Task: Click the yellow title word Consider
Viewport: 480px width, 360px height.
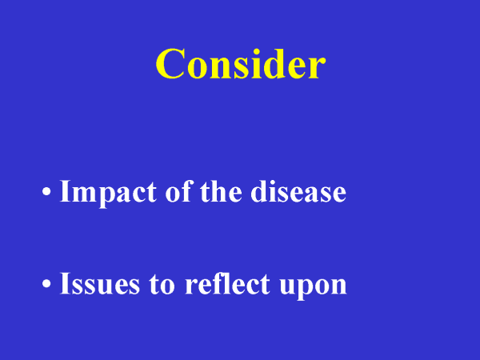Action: coord(241,64)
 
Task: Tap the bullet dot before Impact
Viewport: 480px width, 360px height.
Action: coord(46,192)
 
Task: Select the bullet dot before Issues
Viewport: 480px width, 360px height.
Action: coord(46,283)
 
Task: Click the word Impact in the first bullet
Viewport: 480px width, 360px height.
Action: coord(108,194)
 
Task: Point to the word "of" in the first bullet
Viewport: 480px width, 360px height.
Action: coord(179,191)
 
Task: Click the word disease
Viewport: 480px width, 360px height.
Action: coord(298,191)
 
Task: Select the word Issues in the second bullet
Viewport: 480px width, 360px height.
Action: coord(100,283)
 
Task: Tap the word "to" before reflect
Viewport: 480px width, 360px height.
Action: coord(162,285)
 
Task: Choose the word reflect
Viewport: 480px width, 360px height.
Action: coord(227,283)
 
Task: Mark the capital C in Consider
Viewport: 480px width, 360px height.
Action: coord(170,64)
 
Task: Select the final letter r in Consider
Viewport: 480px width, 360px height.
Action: coord(317,68)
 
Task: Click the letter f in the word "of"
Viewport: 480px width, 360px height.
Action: coord(188,190)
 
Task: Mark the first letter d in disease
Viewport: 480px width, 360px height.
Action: coord(259,191)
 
